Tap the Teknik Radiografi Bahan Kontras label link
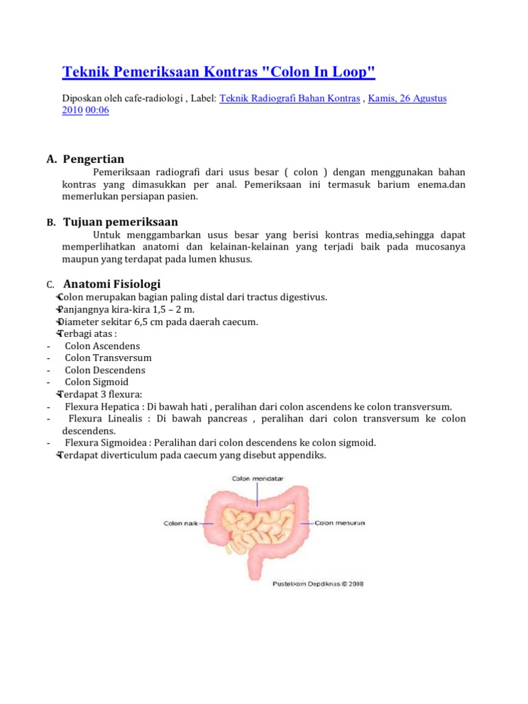[x=289, y=98]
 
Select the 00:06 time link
[x=97, y=111]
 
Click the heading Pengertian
[x=93, y=159]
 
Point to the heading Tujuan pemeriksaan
[x=120, y=222]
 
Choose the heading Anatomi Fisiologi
[x=112, y=284]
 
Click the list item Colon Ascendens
[x=102, y=346]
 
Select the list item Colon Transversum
[x=108, y=358]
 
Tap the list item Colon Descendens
[x=104, y=370]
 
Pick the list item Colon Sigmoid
[x=97, y=382]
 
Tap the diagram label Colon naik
[x=181, y=523]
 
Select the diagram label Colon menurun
[x=340, y=523]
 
